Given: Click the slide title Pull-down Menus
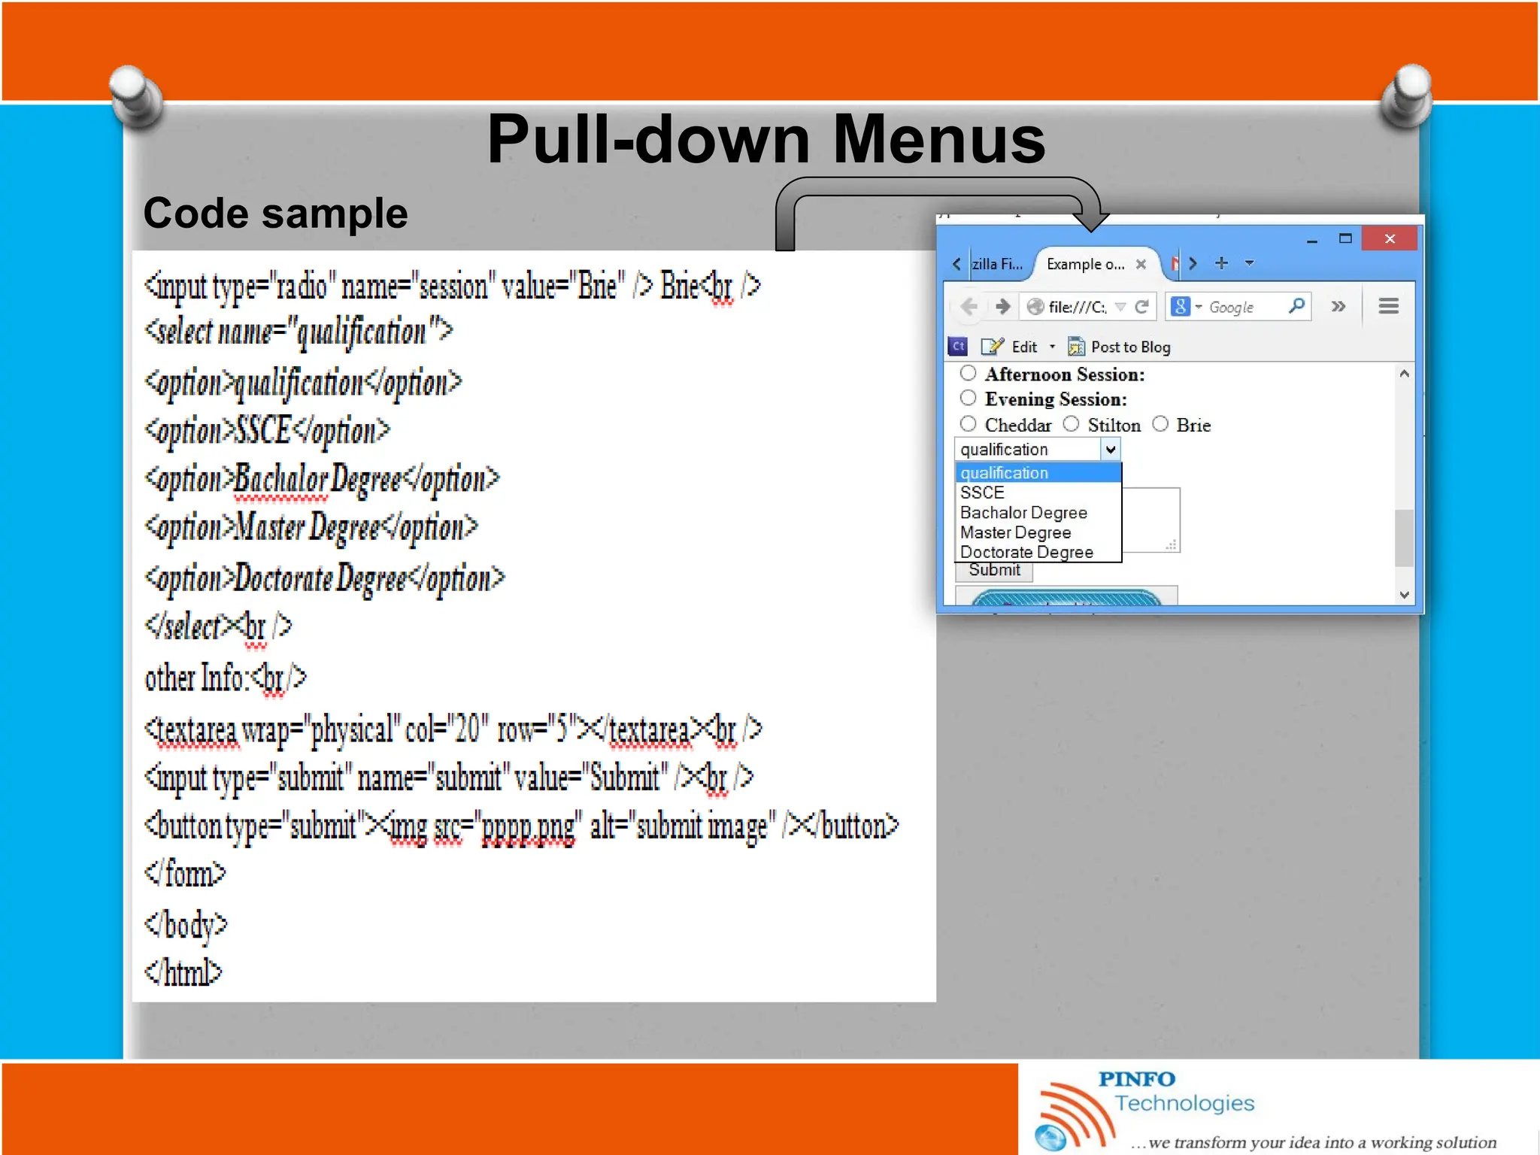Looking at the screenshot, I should pyautogui.click(x=765, y=140).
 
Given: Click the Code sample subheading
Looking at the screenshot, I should pyautogui.click(x=275, y=214).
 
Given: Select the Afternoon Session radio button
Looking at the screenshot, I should pyautogui.click(x=969, y=373).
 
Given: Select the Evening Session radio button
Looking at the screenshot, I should pyautogui.click(x=969, y=398).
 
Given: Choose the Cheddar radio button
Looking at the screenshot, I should pyautogui.click(x=969, y=424).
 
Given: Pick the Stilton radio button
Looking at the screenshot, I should pyautogui.click(x=1072, y=424).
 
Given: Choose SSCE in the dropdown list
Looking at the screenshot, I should pyautogui.click(x=982, y=493).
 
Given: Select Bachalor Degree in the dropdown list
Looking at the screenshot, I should pyautogui.click(x=1023, y=513).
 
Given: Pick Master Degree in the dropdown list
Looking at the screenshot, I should pyautogui.click(x=1015, y=532).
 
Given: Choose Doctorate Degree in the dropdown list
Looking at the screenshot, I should pyautogui.click(x=1026, y=552).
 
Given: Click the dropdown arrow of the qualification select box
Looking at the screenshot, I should pyautogui.click(x=1111, y=450).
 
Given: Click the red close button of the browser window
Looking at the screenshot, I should pyautogui.click(x=1389, y=239).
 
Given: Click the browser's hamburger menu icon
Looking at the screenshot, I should pyautogui.click(x=1388, y=306).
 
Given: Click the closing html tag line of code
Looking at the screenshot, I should pyautogui.click(x=183, y=973).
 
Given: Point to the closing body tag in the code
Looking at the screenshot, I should pyautogui.click(x=186, y=924).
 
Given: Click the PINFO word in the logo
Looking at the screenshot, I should pyautogui.click(x=1136, y=1079).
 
